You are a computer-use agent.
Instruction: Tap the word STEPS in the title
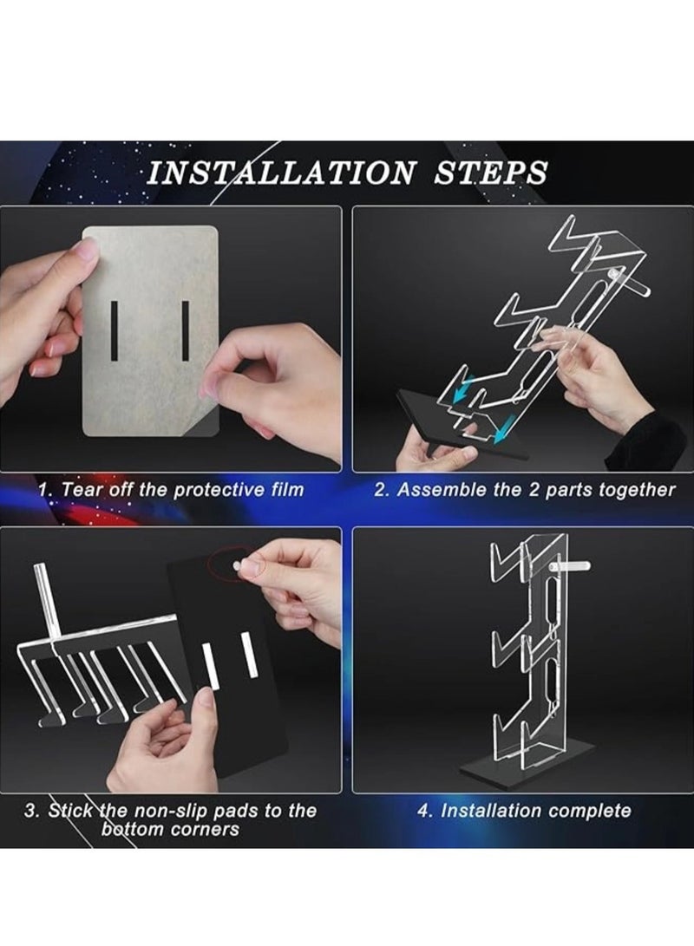[490, 172]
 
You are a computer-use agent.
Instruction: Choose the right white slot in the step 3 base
[249, 655]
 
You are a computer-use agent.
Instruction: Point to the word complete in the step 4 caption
[590, 812]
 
